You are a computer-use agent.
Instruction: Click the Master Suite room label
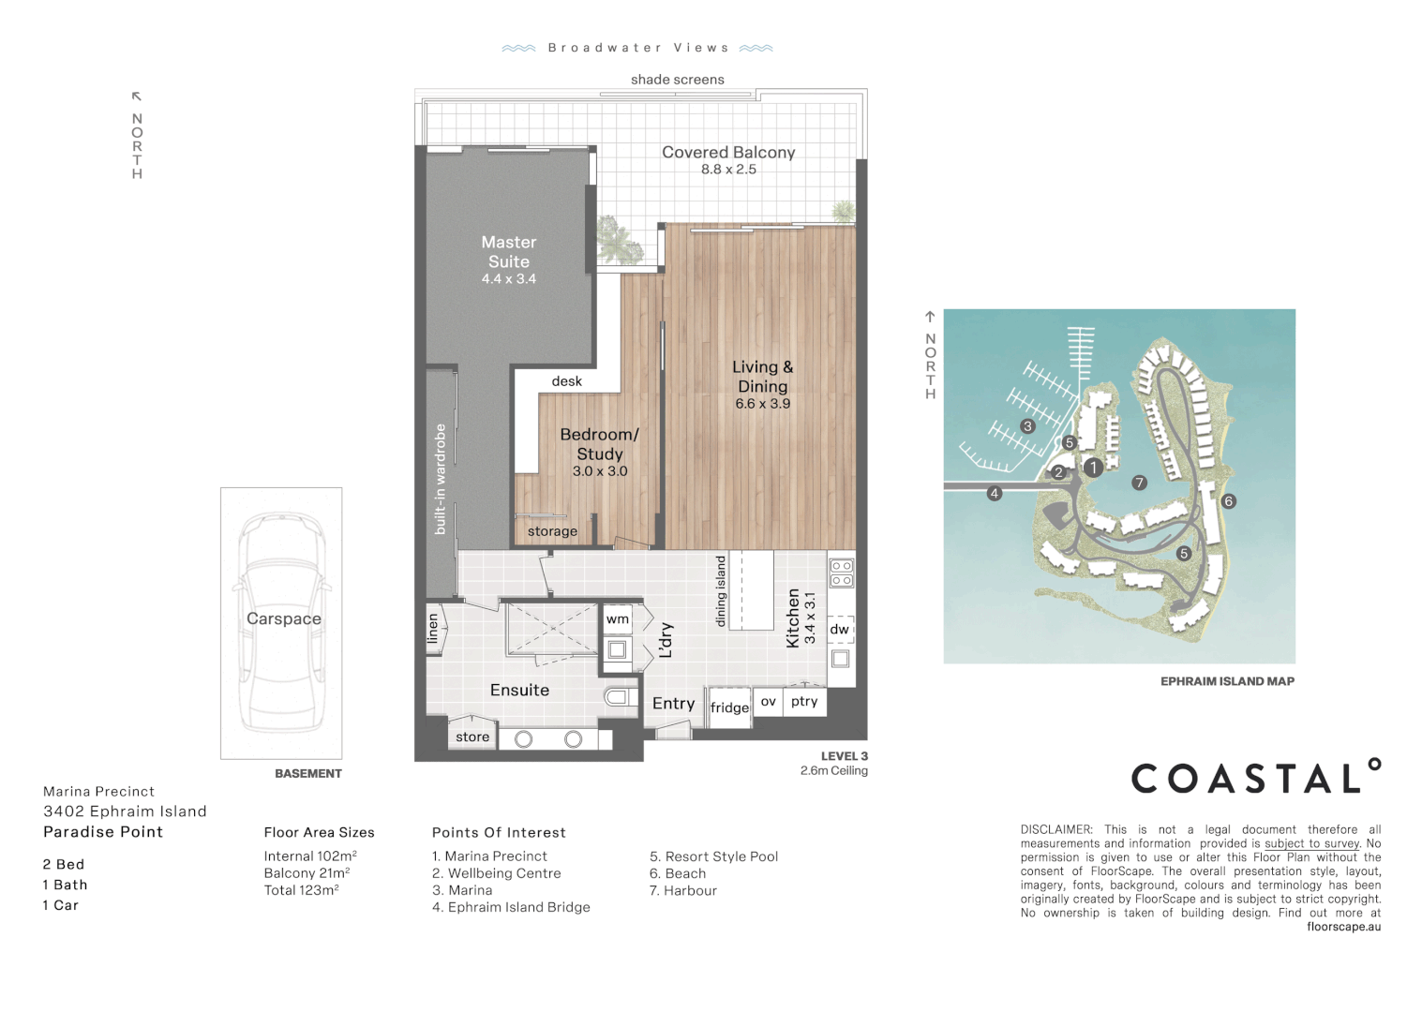pyautogui.click(x=509, y=252)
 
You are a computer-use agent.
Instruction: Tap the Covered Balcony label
pyautogui.click(x=728, y=153)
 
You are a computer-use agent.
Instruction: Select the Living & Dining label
pyautogui.click(x=763, y=377)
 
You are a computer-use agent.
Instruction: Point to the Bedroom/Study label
pyautogui.click(x=599, y=444)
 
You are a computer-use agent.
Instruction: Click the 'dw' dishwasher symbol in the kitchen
pyautogui.click(x=839, y=630)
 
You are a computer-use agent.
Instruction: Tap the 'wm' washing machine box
pyautogui.click(x=617, y=619)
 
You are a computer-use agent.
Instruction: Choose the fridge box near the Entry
pyautogui.click(x=729, y=707)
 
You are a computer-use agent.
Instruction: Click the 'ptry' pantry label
pyautogui.click(x=804, y=701)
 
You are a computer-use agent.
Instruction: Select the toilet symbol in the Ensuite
pyautogui.click(x=619, y=697)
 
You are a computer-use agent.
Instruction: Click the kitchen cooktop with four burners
pyautogui.click(x=841, y=573)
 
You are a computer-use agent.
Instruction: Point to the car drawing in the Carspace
pyautogui.click(x=281, y=623)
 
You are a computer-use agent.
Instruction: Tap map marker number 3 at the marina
pyautogui.click(x=1027, y=426)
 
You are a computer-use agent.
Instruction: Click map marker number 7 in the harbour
pyautogui.click(x=1139, y=483)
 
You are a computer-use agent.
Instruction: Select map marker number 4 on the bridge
pyautogui.click(x=995, y=493)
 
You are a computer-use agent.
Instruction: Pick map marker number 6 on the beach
pyautogui.click(x=1229, y=501)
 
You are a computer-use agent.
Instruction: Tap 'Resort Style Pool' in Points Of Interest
pyautogui.click(x=714, y=856)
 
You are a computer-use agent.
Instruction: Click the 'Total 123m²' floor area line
pyautogui.click(x=301, y=890)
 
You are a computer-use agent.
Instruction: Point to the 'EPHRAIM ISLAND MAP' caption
pyautogui.click(x=1227, y=681)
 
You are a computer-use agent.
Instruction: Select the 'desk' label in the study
pyautogui.click(x=566, y=381)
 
